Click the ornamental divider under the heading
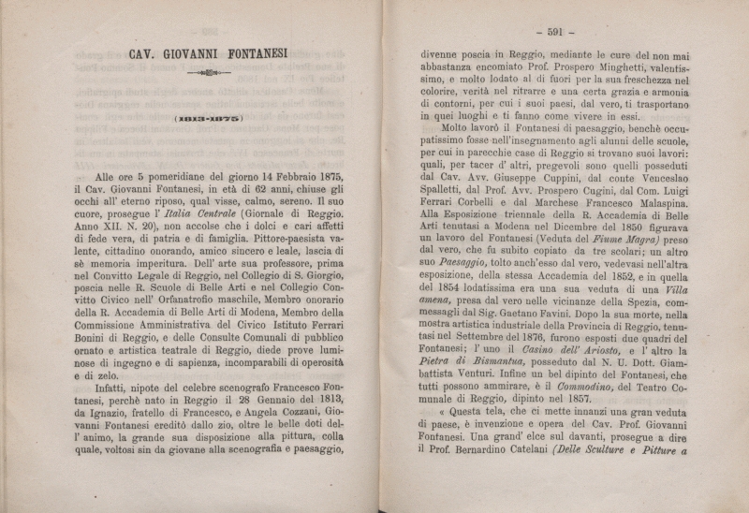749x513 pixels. pyautogui.click(x=209, y=72)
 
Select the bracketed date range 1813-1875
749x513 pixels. pyautogui.click(x=209, y=119)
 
